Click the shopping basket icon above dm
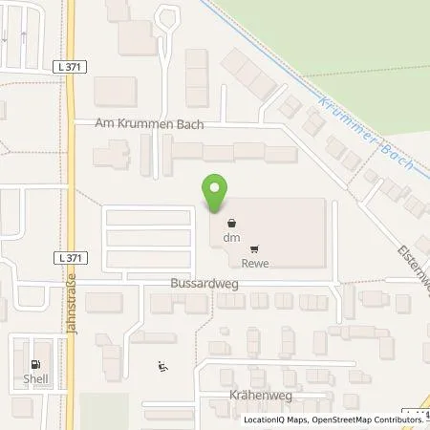(x=230, y=224)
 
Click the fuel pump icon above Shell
(x=35, y=363)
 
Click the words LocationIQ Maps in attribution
(x=276, y=419)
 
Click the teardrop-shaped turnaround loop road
(x=168, y=18)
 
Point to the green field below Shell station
(x=103, y=411)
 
